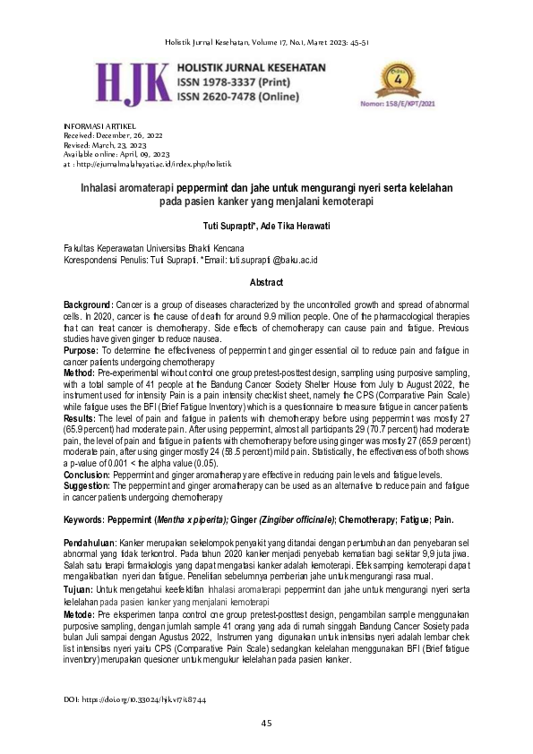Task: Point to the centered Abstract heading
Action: coord(266,282)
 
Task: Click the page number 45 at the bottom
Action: coord(266,723)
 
